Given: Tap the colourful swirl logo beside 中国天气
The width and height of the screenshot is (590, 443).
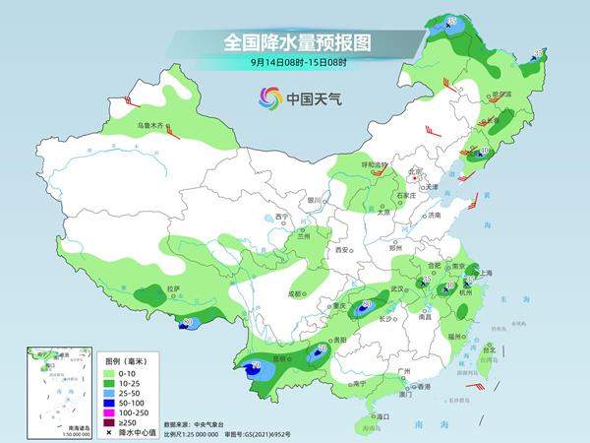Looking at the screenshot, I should pos(268,97).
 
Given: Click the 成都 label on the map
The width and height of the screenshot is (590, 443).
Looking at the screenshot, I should pos(296,292).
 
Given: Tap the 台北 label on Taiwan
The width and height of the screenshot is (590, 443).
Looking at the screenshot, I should pos(489,347).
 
